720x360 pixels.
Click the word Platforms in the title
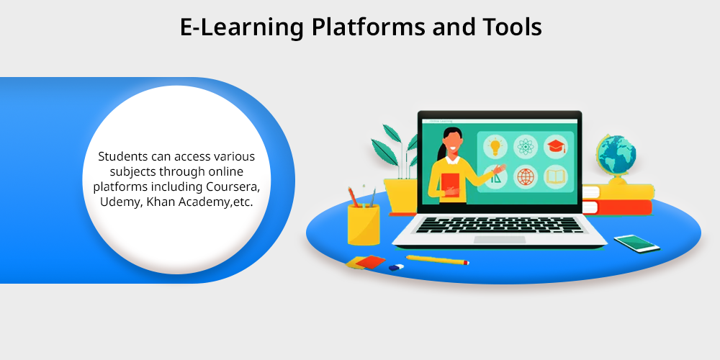coord(368,27)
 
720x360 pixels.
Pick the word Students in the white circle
coord(121,156)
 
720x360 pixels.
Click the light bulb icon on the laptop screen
coord(495,146)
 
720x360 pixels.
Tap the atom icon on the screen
coord(525,146)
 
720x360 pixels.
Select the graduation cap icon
coord(556,146)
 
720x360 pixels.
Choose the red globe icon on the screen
coord(525,176)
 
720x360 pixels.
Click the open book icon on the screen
coord(556,177)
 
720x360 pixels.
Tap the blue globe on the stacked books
coord(616,154)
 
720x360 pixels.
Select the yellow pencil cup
coord(364,225)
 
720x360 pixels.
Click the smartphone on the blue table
coord(637,243)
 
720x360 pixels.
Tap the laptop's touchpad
coord(500,239)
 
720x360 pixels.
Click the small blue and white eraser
coord(396,267)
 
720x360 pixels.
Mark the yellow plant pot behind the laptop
coord(400,194)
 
